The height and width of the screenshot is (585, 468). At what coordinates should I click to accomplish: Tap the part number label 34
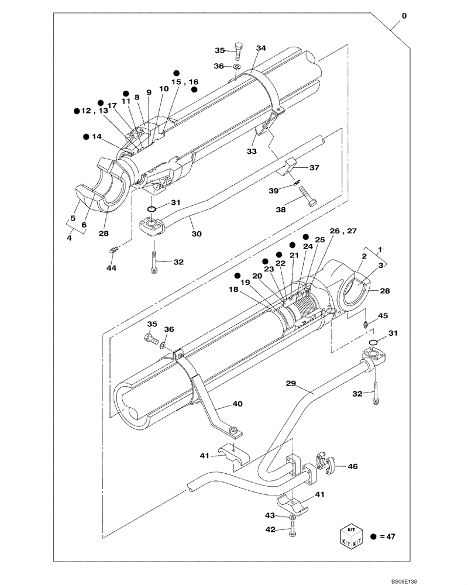click(260, 48)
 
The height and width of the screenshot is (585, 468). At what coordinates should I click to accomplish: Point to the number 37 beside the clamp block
click(314, 168)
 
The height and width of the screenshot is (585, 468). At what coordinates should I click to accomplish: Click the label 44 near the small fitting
click(112, 267)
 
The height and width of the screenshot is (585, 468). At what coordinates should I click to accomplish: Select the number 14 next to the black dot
click(97, 137)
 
